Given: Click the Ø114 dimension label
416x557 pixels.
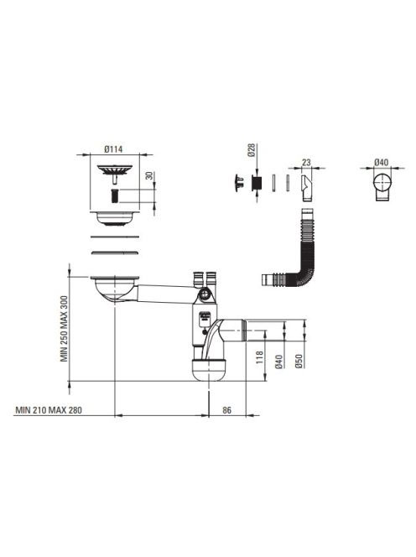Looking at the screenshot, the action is [x=113, y=149].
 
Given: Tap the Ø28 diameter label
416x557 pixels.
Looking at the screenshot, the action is [x=251, y=150].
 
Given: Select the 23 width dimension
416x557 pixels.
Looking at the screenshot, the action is [x=306, y=163].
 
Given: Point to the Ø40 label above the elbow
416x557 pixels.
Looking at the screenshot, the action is [x=381, y=163].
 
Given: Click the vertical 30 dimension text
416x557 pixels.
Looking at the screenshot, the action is [x=149, y=175].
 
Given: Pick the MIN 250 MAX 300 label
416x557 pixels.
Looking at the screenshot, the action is [x=64, y=329].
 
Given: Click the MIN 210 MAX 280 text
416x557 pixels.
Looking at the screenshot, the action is [x=49, y=410].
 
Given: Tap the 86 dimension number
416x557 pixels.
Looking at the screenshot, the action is [x=226, y=410].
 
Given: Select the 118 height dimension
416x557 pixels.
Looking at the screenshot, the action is [x=260, y=357].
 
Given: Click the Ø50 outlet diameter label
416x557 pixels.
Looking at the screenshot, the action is [x=299, y=361].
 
